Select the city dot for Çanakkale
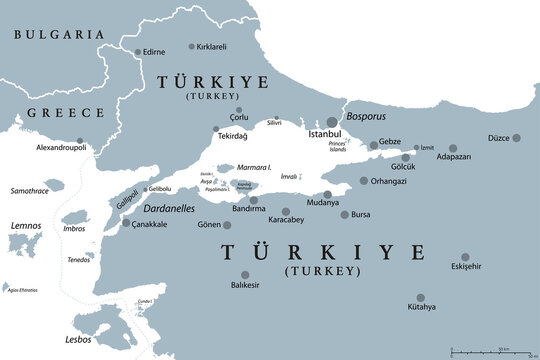126,224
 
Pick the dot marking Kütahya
420,297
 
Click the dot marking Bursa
345,214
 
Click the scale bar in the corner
489,350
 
